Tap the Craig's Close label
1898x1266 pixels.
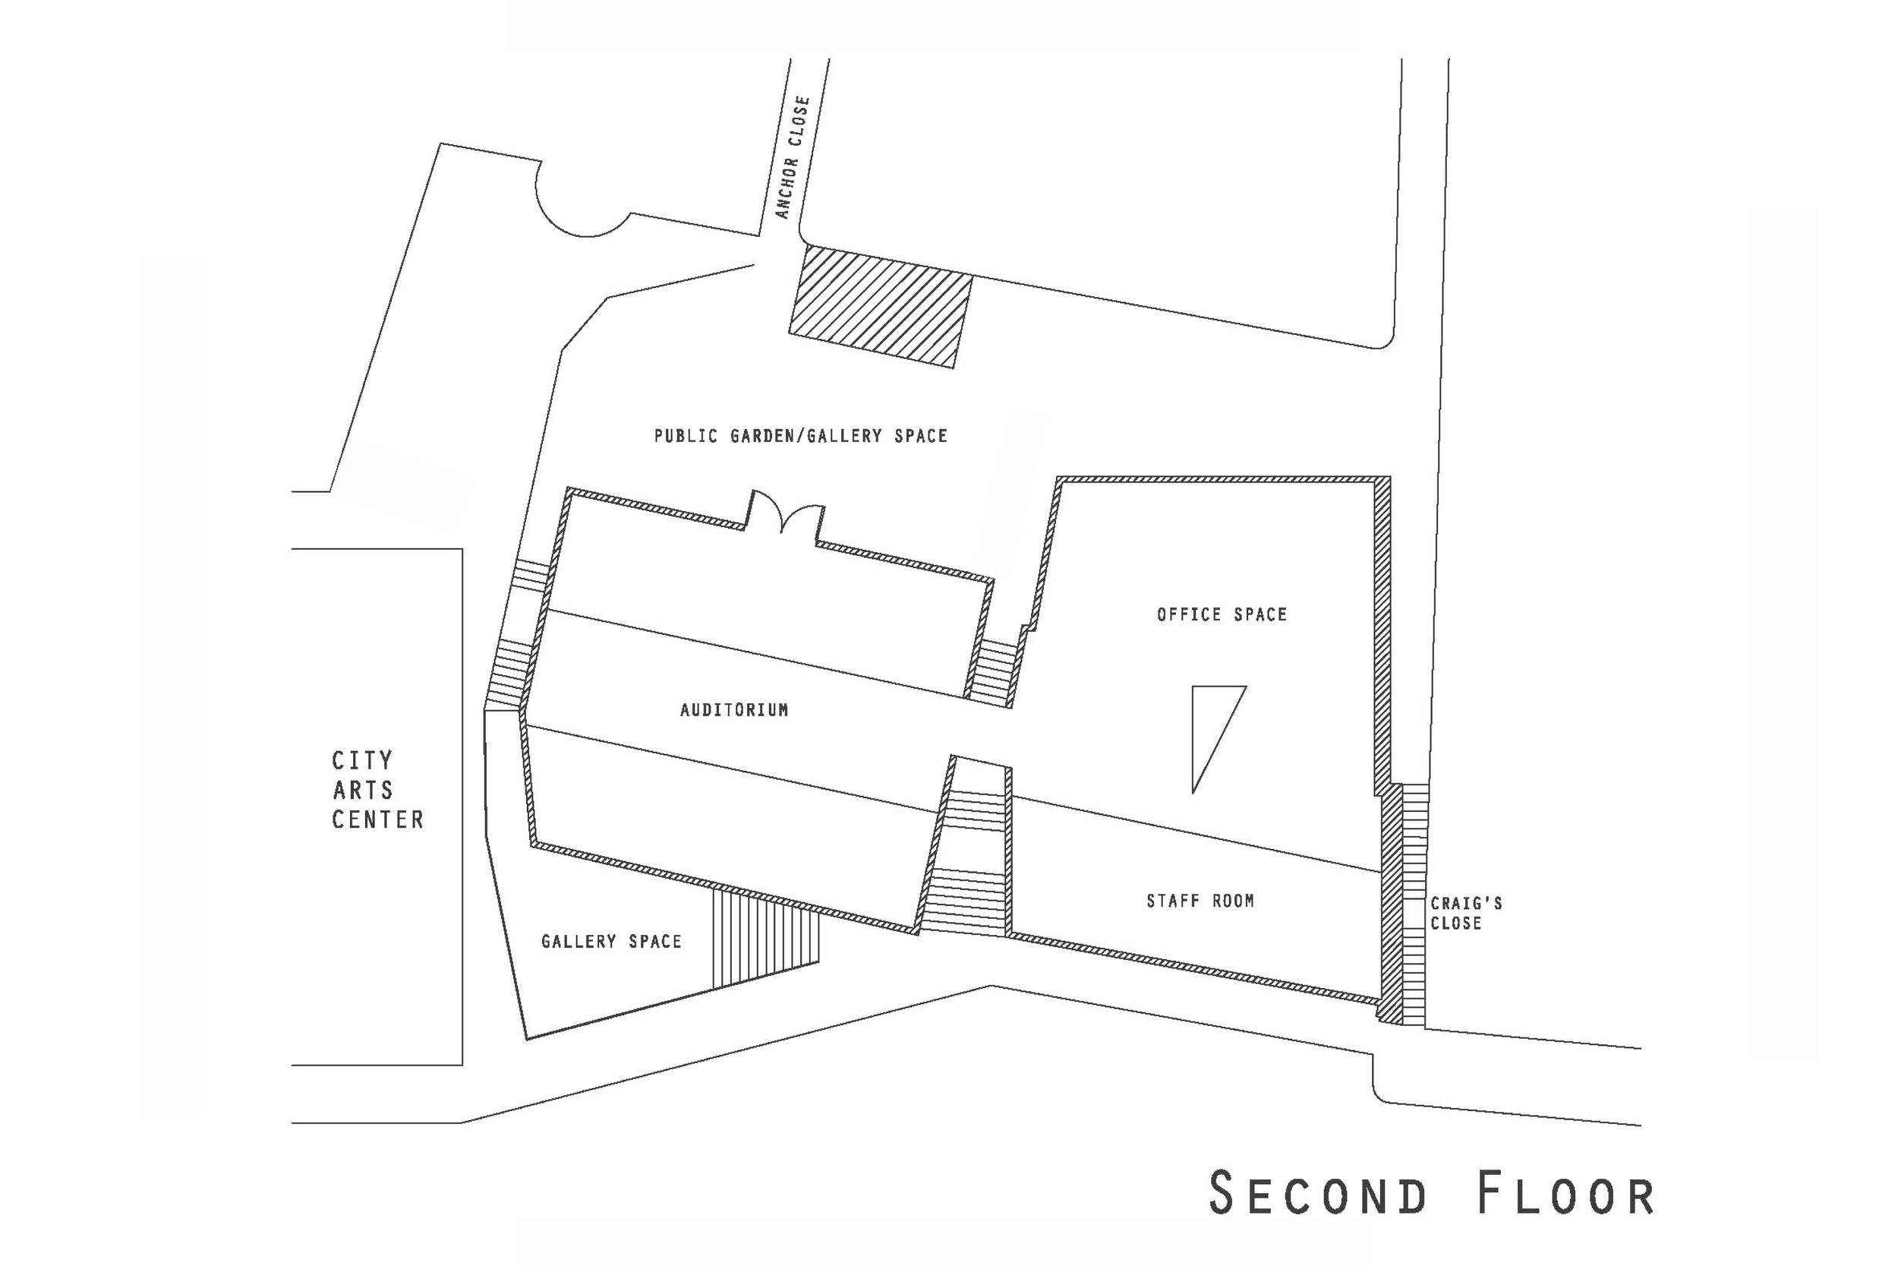click(x=1465, y=913)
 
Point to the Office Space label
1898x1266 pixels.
click(x=1222, y=614)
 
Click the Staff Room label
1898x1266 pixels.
click(x=1200, y=901)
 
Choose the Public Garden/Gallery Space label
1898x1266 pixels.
click(x=800, y=436)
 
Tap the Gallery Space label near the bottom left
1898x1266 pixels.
click(x=611, y=942)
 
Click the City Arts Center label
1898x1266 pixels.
click(x=377, y=790)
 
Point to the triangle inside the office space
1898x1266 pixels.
click(x=1210, y=727)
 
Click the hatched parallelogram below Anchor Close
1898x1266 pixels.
click(x=880, y=307)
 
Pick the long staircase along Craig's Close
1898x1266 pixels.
click(x=1414, y=905)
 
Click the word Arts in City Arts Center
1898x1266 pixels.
click(x=362, y=790)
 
